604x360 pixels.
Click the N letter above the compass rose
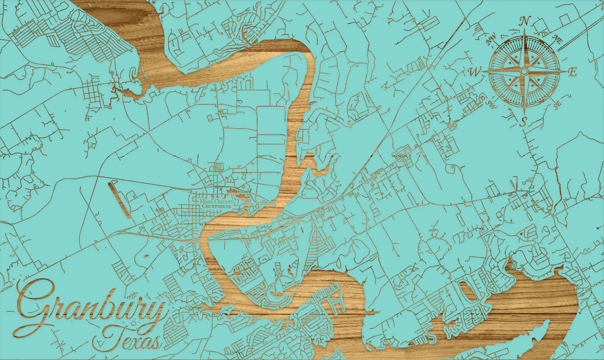tap(524, 21)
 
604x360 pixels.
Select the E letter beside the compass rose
tap(572, 72)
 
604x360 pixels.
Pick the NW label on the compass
tap(492, 39)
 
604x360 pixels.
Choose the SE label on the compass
tap(556, 105)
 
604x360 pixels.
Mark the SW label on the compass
tap(492, 105)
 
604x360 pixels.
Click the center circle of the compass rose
tap(524, 72)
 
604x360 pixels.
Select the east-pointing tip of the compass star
tap(564, 72)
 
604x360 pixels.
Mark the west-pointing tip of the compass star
tap(484, 72)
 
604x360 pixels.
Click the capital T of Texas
tap(112, 335)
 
